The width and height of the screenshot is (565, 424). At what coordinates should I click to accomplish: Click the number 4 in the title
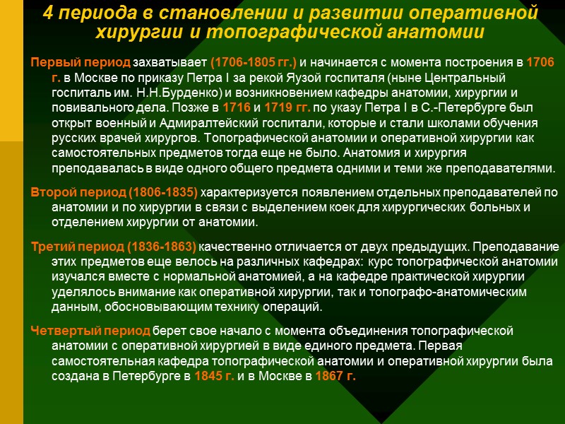pos(47,13)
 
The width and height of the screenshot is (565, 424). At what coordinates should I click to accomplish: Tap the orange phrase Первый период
pos(81,64)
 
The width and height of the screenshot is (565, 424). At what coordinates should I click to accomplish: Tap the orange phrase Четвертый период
pos(90,331)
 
